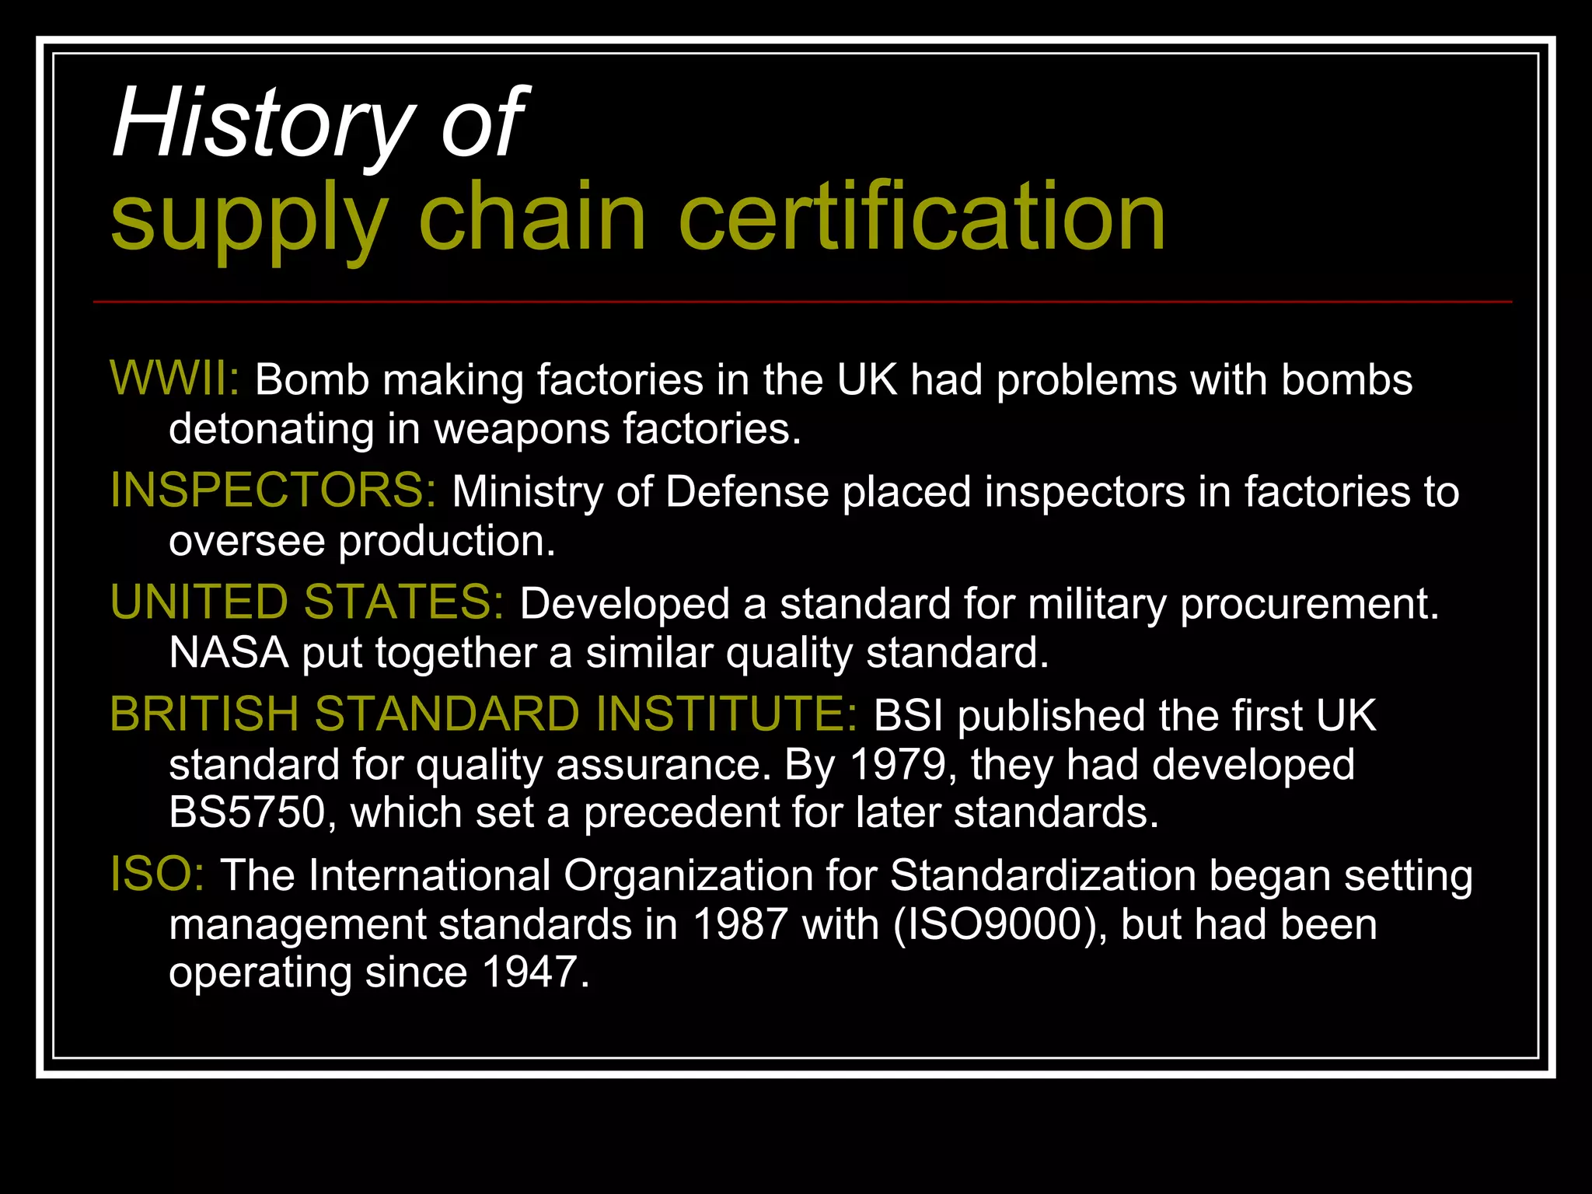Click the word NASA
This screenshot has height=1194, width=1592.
229,652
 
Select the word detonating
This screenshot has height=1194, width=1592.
271,428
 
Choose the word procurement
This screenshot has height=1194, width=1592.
1309,604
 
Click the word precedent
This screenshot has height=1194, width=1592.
681,812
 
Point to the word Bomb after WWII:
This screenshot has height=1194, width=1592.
312,380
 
